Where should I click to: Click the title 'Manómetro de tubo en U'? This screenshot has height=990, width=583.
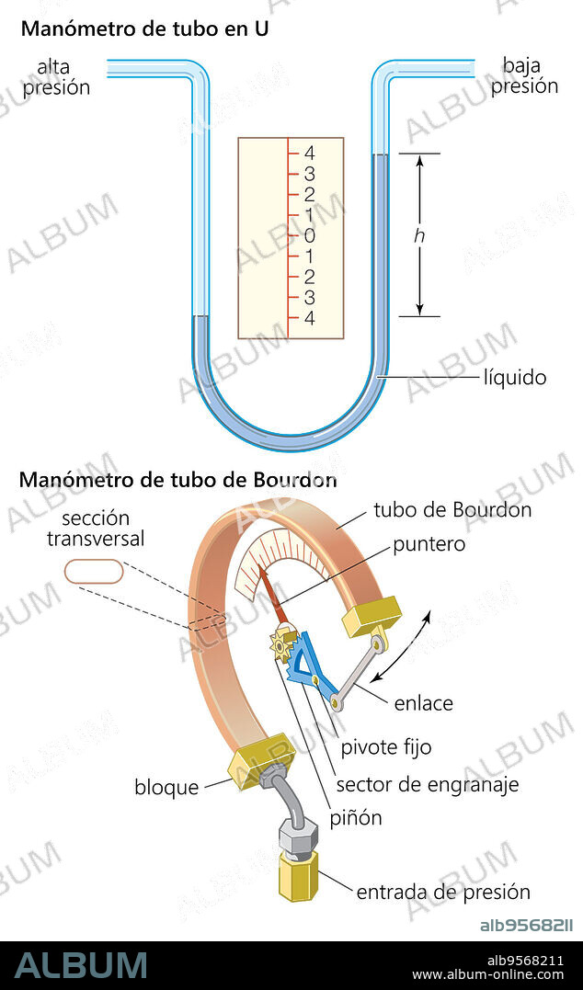pos(144,28)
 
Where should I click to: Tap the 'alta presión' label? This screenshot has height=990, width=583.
pos(57,77)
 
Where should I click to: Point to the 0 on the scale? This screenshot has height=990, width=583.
pos(309,235)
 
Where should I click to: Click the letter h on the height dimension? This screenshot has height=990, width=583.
pos(419,236)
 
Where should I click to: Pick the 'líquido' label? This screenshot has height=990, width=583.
pos(515,377)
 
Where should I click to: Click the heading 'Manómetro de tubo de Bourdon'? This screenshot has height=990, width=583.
pos(177,480)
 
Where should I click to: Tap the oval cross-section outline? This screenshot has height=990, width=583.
pos(94,571)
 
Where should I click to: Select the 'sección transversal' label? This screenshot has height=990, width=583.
pos(96,529)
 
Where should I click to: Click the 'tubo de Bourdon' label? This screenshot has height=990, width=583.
pos(452,509)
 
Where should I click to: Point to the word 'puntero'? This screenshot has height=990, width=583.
pos(429,544)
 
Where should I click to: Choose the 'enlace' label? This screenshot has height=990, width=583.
pos(423,704)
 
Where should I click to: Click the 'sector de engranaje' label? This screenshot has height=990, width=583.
pos(428,784)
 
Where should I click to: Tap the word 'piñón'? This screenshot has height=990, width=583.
pos(356,816)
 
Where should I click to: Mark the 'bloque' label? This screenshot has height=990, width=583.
pos(166,788)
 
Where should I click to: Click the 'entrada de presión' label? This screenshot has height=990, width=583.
pos(443,892)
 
